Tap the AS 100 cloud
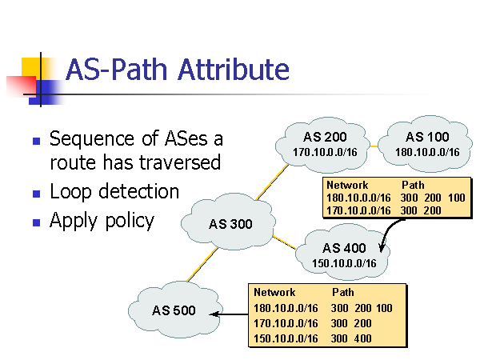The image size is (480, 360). click(x=427, y=143)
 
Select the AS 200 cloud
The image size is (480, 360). click(x=324, y=143)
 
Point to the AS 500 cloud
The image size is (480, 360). click(x=174, y=310)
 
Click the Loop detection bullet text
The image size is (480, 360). click(x=114, y=192)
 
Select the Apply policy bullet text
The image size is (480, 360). click(x=102, y=221)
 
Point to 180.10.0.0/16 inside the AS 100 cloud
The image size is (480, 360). click(x=427, y=152)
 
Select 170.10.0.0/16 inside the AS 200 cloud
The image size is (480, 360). click(x=324, y=152)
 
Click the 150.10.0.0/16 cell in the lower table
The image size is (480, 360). click(x=286, y=338)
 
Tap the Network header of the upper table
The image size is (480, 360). click(x=346, y=185)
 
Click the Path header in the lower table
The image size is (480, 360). click(x=342, y=293)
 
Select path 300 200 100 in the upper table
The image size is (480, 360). click(x=433, y=198)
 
